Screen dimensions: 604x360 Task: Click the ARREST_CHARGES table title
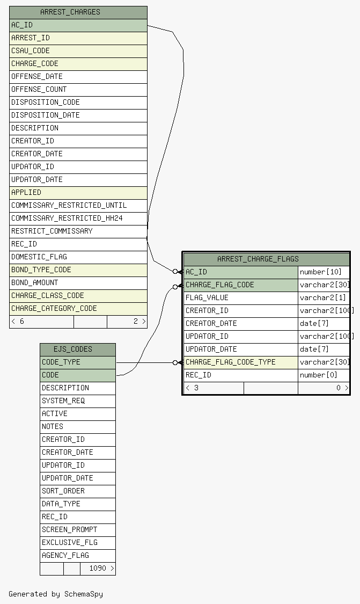pos(70,12)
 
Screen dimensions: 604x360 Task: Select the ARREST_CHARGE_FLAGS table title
pos(258,259)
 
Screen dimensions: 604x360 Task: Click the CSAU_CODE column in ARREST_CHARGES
pos(31,50)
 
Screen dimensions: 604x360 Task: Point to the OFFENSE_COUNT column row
pos(39,89)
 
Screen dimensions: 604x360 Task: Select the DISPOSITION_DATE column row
pos(46,115)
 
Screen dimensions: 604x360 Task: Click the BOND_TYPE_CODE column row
pos(41,270)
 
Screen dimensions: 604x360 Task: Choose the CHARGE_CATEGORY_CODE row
pos(54,308)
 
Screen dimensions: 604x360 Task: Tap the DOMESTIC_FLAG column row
pos(39,257)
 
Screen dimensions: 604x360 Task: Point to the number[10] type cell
pos(321,272)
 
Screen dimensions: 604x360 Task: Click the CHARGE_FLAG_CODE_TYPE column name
pos(231,362)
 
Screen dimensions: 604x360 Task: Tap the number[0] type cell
pos(319,375)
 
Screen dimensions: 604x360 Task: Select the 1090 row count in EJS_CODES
pos(98,568)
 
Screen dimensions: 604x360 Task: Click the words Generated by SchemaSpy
pos(56,594)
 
